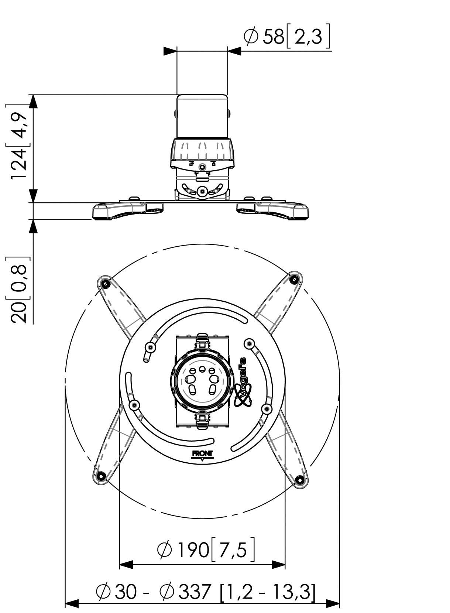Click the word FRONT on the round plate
(202, 453)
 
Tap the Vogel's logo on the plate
(243, 382)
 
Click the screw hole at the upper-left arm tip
(105, 284)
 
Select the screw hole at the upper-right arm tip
(294, 279)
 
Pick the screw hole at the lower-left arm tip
(101, 475)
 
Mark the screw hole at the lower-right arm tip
(300, 480)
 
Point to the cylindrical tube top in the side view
(202, 116)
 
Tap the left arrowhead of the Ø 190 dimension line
(126, 565)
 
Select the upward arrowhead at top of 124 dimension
(33, 101)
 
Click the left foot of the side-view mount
(118, 210)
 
